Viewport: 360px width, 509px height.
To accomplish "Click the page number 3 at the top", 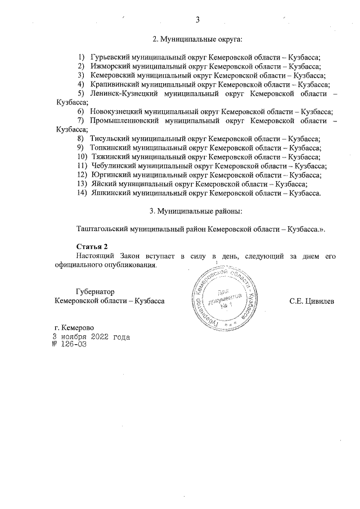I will pos(198,21).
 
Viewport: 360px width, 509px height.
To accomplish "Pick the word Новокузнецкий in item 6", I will pos(115,112).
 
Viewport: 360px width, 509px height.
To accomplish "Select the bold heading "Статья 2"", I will pos(91,247).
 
